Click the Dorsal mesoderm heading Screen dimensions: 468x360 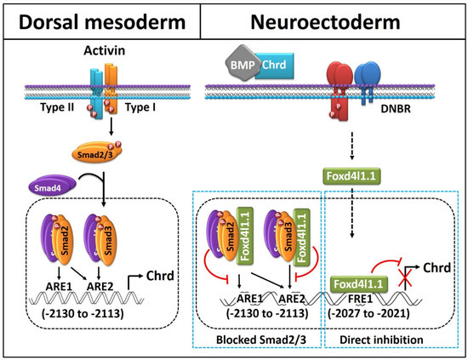click(x=102, y=22)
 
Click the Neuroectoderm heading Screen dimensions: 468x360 click(x=325, y=22)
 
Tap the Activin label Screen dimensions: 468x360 click(x=104, y=50)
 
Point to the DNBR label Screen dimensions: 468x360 click(x=396, y=109)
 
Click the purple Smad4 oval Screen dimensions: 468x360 click(x=52, y=185)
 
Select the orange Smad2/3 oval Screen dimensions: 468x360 click(x=96, y=152)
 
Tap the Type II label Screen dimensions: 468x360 click(x=57, y=107)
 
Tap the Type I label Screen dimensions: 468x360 click(x=140, y=107)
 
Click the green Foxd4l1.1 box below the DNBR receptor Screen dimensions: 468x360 click(x=351, y=176)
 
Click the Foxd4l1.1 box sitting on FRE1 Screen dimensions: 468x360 click(x=358, y=284)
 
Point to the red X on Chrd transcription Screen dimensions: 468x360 click(x=405, y=277)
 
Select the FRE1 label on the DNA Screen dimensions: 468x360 click(x=360, y=299)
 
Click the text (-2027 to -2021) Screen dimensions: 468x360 click(x=368, y=313)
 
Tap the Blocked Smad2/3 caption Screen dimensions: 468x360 click(x=261, y=340)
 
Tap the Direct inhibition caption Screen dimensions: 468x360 click(x=381, y=340)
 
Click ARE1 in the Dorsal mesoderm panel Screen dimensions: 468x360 click(x=59, y=287)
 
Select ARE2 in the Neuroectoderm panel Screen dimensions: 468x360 click(x=292, y=299)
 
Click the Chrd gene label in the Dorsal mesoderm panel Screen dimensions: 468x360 click(x=160, y=276)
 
